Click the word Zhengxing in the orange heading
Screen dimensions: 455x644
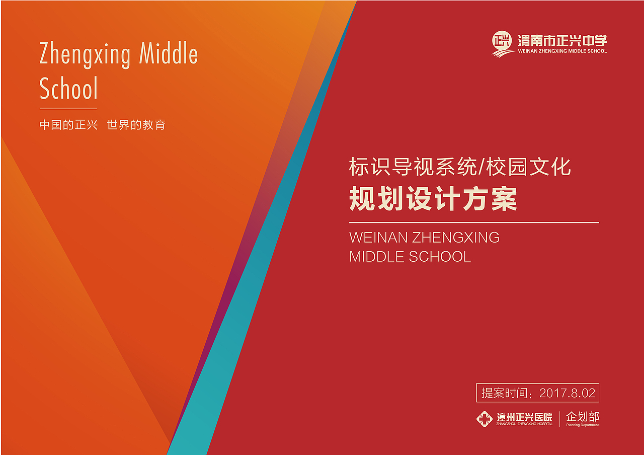[x=85, y=54]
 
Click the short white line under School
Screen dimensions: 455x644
[x=68, y=109]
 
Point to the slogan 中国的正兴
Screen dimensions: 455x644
[x=68, y=125]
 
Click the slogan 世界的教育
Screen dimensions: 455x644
[x=136, y=125]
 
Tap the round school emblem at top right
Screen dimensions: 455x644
[x=502, y=43]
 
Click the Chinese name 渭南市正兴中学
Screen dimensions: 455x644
[x=562, y=40]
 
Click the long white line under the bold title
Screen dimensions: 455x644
[x=474, y=222]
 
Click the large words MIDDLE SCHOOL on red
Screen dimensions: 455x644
[x=410, y=256]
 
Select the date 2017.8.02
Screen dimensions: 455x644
[x=567, y=393]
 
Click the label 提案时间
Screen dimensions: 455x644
[x=506, y=393]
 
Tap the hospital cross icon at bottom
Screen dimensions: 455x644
[x=485, y=419]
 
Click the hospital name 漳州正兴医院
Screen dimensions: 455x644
[x=524, y=417]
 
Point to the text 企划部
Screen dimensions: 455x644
[x=583, y=417]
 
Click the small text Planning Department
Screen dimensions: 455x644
[x=583, y=425]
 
